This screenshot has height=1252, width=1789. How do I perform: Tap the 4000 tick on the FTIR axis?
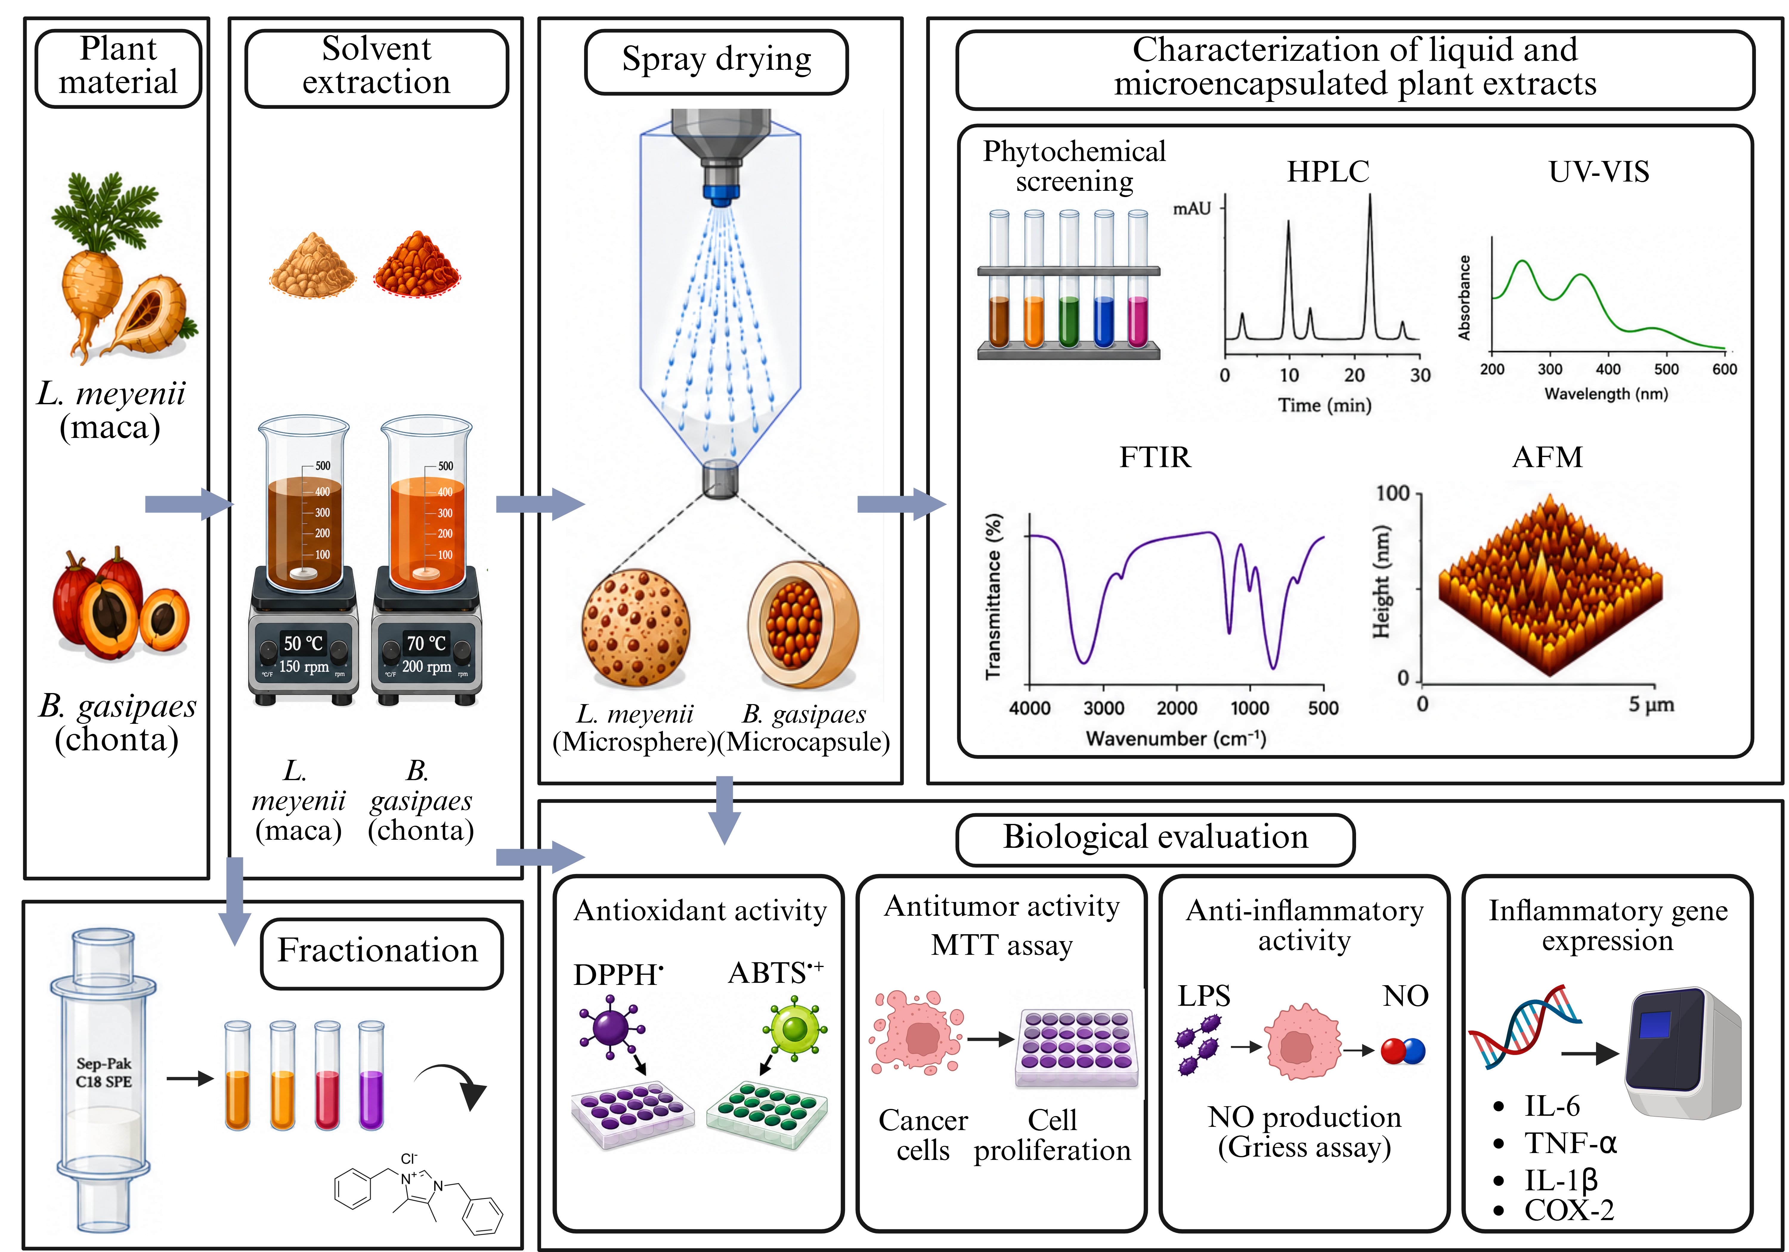pyautogui.click(x=1030, y=707)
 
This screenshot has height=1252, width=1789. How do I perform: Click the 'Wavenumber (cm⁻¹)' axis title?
pyautogui.click(x=1176, y=738)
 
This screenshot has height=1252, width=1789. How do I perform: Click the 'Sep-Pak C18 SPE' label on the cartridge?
pyautogui.click(x=104, y=1072)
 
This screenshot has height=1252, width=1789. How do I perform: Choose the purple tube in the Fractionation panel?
pyautogui.click(x=371, y=1075)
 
